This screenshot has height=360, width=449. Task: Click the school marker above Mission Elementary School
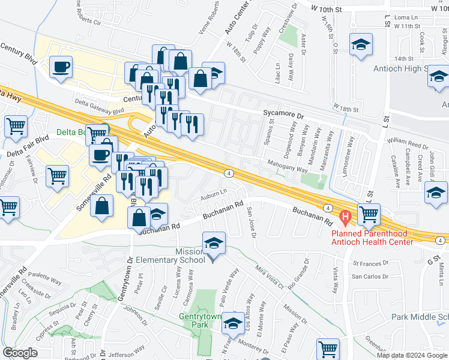click(214, 244)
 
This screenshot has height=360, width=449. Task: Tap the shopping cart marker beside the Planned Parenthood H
click(369, 214)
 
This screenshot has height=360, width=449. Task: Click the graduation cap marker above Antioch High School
click(360, 45)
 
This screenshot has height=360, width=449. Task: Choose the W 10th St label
click(327, 9)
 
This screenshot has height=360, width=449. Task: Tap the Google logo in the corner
click(20, 353)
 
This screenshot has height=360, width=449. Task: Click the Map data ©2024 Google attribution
click(411, 355)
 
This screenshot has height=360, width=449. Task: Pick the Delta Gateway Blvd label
click(99, 107)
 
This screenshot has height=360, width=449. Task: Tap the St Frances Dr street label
click(373, 263)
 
